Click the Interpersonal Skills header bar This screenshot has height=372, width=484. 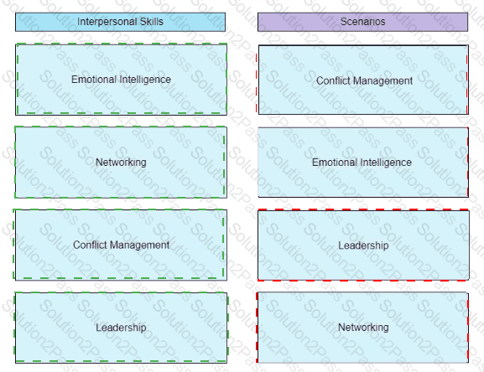coord(121,22)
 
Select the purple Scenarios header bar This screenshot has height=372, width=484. coord(362,22)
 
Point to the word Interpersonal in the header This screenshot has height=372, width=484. coord(107,22)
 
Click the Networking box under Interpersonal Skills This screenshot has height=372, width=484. coord(121,162)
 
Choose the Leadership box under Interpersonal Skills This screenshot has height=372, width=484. coord(121,328)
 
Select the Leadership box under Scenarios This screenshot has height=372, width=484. coord(363,245)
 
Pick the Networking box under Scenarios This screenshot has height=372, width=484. coord(363,328)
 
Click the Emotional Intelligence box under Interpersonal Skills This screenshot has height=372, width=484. coord(121,80)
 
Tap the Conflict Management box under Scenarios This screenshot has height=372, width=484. coord(363,80)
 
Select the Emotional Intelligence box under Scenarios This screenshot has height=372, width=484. coord(363,162)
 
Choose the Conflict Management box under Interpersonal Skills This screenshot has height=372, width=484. coord(121,245)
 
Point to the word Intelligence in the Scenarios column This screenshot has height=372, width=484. coord(386,163)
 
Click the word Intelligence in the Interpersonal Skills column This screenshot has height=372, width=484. coord(145,80)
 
